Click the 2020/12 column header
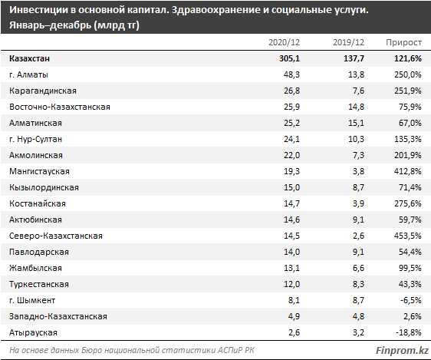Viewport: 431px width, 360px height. point(284,42)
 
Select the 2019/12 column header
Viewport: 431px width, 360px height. point(348,42)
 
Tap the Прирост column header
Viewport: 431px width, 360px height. point(403,43)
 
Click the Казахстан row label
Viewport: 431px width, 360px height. point(29,58)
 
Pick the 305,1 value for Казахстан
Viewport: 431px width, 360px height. point(289,58)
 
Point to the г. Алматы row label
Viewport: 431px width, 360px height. point(28,74)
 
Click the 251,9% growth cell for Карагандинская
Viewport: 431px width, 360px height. point(408,91)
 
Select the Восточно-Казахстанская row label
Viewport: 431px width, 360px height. point(60,107)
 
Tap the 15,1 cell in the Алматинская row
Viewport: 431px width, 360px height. point(356,123)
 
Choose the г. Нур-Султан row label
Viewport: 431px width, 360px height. point(35,139)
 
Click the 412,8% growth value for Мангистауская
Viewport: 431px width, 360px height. point(408,171)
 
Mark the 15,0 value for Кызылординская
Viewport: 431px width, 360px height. point(291,187)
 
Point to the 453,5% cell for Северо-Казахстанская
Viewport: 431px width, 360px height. point(408,236)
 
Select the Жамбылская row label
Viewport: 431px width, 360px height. point(35,268)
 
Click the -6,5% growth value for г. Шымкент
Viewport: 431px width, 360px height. point(410,300)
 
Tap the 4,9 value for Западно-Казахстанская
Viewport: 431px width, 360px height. point(294,316)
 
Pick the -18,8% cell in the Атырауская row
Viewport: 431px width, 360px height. point(409,333)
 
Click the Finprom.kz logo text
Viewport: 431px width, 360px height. point(402,351)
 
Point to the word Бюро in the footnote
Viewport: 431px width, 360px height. point(90,350)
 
